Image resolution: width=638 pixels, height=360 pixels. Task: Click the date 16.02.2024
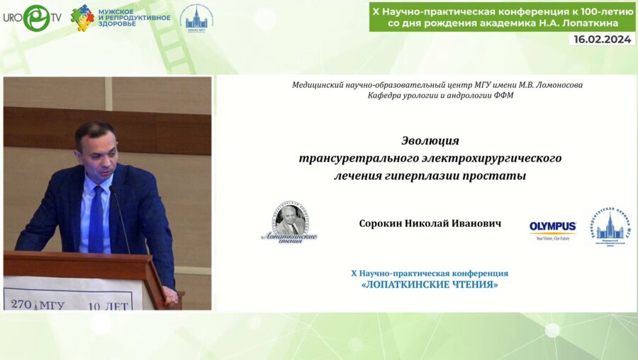click(x=601, y=40)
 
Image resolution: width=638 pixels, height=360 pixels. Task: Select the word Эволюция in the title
click(x=430, y=140)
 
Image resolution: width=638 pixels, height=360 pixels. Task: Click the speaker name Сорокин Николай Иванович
click(x=430, y=223)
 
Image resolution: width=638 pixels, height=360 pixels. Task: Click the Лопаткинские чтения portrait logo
click(x=289, y=223)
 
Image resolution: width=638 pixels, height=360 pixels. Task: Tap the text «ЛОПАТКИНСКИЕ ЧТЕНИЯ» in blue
click(x=430, y=285)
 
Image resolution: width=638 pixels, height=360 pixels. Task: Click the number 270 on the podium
click(x=21, y=305)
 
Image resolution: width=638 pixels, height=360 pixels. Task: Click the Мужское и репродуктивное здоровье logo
click(x=121, y=18)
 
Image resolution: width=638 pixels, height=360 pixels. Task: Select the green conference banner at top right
click(x=502, y=16)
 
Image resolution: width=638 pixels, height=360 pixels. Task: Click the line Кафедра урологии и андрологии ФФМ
click(x=430, y=96)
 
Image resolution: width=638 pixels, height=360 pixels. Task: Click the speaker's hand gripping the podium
click(x=170, y=294)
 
